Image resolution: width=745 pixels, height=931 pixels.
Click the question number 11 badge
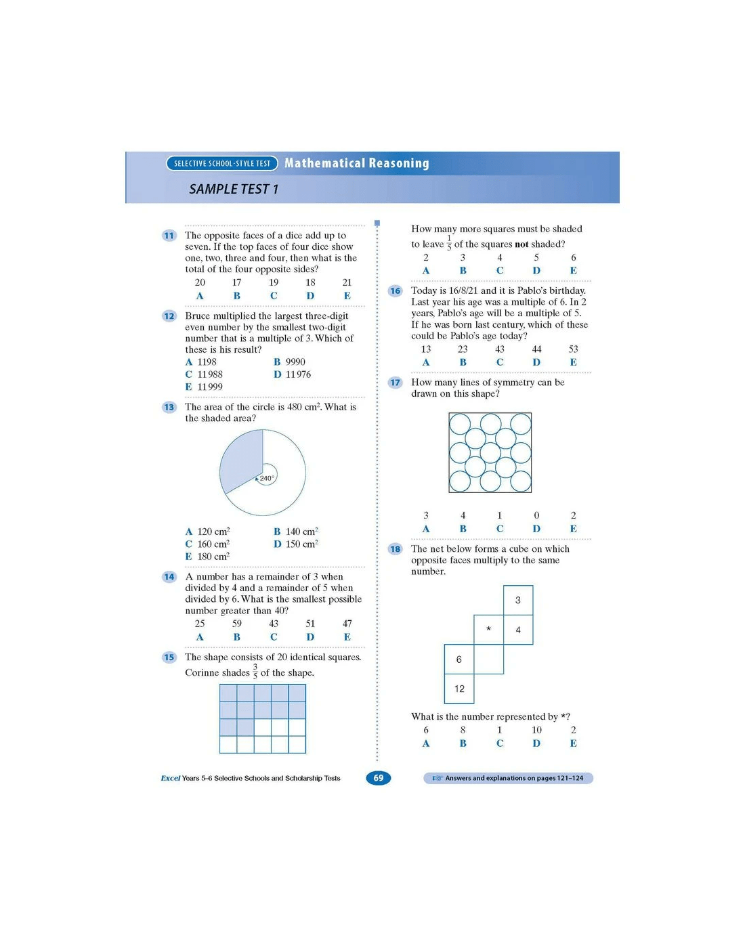pos(169,236)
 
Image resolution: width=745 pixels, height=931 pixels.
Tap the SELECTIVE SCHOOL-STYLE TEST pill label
pos(222,163)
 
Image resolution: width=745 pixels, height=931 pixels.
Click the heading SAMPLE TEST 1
pos(234,190)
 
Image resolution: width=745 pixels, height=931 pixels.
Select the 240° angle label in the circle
pos(267,478)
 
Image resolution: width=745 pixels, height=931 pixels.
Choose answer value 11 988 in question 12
pos(210,374)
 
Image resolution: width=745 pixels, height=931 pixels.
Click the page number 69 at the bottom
pos(379,778)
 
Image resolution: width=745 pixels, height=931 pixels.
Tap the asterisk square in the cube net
pos(489,630)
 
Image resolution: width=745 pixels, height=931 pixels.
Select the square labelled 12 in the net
pos(459,689)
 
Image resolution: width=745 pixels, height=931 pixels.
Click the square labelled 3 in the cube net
pos(518,600)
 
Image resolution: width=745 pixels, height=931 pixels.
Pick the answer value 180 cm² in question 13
pos(213,557)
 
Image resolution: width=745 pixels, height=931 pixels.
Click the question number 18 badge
pos(396,549)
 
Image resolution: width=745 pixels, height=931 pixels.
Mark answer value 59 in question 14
pos(237,624)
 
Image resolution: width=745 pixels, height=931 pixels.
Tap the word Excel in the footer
pos(171,779)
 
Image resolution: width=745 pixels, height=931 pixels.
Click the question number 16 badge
pos(396,291)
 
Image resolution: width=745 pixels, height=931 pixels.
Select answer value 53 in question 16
pos(574,349)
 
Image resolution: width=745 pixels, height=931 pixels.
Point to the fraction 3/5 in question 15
pos(255,672)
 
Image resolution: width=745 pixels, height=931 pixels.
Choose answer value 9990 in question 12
pos(295,362)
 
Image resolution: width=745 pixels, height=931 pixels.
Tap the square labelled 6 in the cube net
pos(459,659)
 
